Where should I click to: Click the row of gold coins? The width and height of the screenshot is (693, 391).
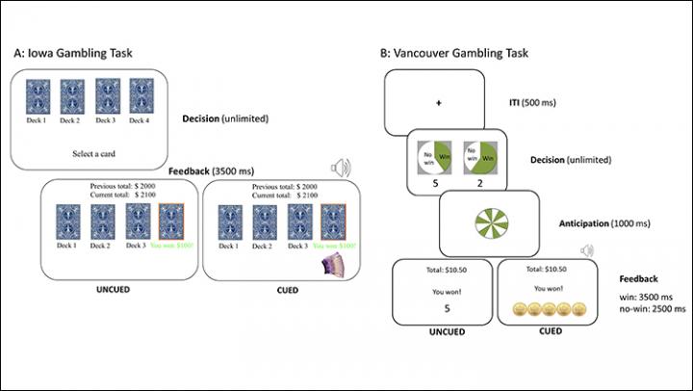[x=545, y=309]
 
